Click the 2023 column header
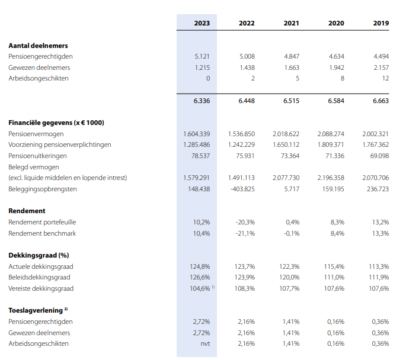click(202, 23)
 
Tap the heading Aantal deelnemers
click(38, 46)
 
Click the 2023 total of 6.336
click(202, 101)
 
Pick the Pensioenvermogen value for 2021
click(286, 134)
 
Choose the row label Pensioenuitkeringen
click(37, 156)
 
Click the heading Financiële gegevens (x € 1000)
click(56, 123)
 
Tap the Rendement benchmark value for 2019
click(381, 233)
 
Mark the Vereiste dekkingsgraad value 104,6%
click(198, 288)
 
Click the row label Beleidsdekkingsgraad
click(39, 277)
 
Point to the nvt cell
click(205, 343)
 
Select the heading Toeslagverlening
click(34, 310)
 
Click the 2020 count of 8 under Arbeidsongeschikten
click(343, 78)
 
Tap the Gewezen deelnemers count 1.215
click(202, 67)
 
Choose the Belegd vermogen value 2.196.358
click(331, 178)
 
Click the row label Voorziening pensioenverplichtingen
click(60, 144)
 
